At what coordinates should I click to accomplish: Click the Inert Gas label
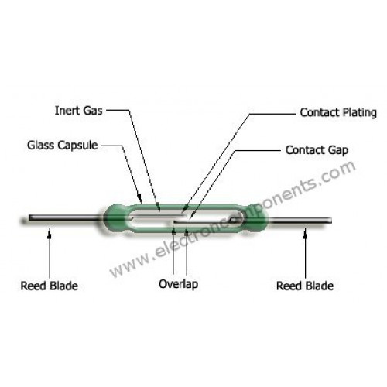click(x=79, y=111)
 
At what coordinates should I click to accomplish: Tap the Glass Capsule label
click(x=63, y=146)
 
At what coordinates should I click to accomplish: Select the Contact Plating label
click(x=338, y=113)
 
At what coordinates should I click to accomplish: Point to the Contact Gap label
click(x=317, y=150)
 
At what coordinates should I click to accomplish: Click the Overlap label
click(x=179, y=284)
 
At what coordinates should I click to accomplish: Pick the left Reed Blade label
click(x=50, y=286)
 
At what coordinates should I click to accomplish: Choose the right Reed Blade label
click(x=305, y=286)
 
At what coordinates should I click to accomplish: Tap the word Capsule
click(x=77, y=146)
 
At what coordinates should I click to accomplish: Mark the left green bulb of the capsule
click(x=115, y=218)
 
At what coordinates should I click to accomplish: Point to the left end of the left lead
click(x=29, y=217)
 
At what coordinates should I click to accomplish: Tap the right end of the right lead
click(x=331, y=221)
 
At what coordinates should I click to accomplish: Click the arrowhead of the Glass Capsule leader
click(x=140, y=200)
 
